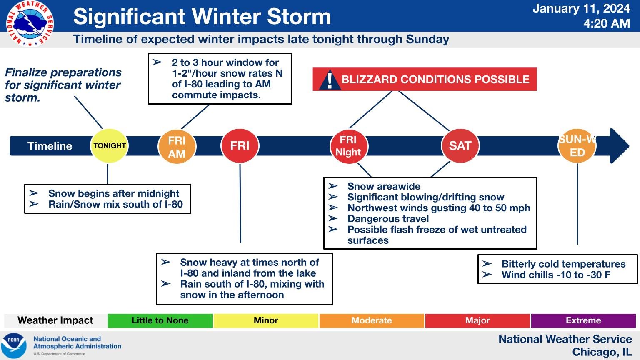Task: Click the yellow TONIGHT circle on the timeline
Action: [x=109, y=146]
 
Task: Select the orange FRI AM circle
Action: [x=177, y=147]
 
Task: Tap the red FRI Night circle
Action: [x=349, y=146]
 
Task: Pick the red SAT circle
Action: [x=460, y=146]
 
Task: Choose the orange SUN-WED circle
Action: [x=577, y=146]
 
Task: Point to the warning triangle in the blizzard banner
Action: [x=330, y=80]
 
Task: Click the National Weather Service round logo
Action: [x=30, y=24]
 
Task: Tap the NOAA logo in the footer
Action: [x=14, y=345]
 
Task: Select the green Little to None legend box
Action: [x=160, y=320]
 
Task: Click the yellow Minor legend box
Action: [x=266, y=320]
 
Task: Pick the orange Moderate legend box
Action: [x=372, y=320]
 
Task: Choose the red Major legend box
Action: [x=477, y=320]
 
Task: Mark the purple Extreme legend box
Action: [x=583, y=320]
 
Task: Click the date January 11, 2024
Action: [x=581, y=9]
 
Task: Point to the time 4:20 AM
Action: [x=607, y=23]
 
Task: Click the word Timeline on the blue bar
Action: [x=50, y=146]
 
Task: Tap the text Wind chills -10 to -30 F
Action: [x=556, y=275]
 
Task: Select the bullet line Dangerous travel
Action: [x=388, y=219]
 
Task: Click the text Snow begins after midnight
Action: [x=114, y=193]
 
